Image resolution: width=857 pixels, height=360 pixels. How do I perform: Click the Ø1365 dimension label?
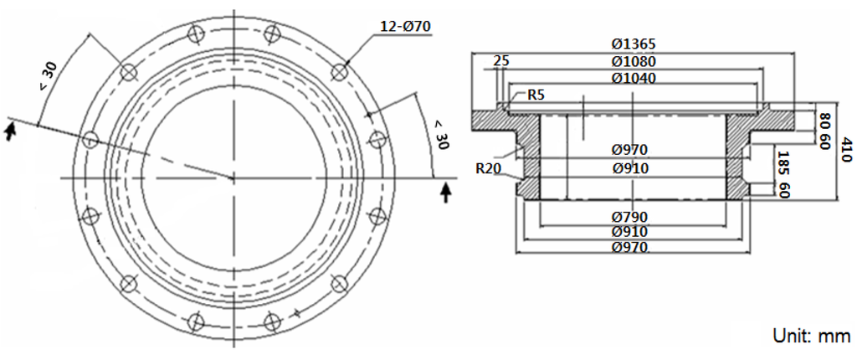pyautogui.click(x=632, y=44)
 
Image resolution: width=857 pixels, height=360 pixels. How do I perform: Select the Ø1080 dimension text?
pyautogui.click(x=633, y=61)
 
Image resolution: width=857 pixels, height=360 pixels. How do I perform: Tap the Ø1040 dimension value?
pyautogui.click(x=633, y=78)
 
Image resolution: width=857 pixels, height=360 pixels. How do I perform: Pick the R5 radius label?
pyautogui.click(x=536, y=95)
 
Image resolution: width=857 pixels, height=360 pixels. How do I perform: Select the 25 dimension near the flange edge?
pyautogui.click(x=501, y=61)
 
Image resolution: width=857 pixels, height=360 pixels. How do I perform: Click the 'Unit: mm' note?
pyautogui.click(x=810, y=336)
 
